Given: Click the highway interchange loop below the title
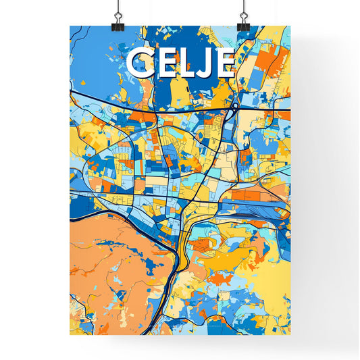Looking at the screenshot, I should (x=233, y=106).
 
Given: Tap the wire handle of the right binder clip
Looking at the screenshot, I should (x=242, y=9).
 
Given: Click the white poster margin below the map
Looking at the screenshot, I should (x=180, y=344).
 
